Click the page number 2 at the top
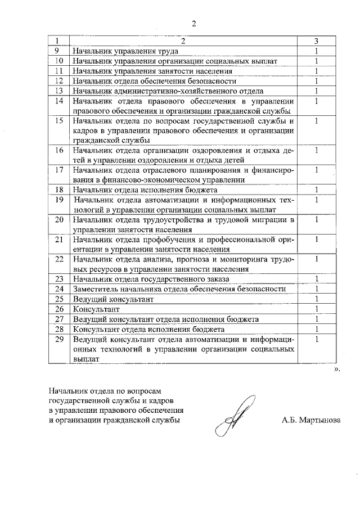pos(193,23)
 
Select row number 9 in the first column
pos(58,51)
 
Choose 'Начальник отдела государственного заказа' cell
pos(151,279)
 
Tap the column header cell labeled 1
pos(58,41)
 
